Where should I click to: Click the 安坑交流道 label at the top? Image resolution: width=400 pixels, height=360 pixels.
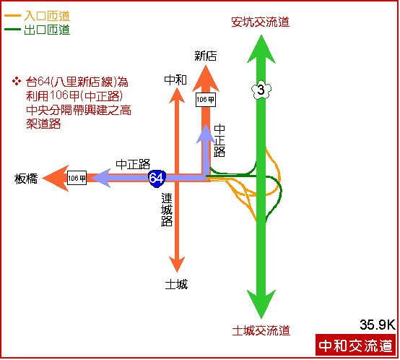260,22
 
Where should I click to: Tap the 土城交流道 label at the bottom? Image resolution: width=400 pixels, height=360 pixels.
261,330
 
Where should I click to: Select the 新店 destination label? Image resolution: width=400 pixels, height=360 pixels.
205,56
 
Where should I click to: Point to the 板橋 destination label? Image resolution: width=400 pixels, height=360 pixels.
26,179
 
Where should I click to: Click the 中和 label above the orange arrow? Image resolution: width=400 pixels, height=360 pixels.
175,80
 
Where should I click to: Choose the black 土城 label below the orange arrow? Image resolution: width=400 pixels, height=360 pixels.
176,284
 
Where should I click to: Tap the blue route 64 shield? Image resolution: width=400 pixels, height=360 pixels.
157,178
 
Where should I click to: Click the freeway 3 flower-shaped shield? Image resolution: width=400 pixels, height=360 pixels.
261,90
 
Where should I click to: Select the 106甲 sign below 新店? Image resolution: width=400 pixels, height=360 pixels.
206,100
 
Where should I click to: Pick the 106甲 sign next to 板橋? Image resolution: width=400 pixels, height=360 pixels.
77,178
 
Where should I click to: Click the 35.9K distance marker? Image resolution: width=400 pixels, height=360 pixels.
378,325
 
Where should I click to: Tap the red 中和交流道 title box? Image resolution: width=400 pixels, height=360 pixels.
355,346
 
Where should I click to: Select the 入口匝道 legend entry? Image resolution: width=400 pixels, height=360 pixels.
38,16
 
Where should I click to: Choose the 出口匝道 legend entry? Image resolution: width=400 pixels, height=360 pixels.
38,30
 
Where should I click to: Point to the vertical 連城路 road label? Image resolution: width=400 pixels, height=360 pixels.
167,210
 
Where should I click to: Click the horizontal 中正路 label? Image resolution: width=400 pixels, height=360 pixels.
133,164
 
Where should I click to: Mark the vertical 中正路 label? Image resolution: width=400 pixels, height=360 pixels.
219,140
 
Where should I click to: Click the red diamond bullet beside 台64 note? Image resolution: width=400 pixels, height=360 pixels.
17,82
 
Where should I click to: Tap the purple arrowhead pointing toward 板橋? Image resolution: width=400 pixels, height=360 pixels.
101,178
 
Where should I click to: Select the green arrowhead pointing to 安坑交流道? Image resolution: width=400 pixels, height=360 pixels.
261,49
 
